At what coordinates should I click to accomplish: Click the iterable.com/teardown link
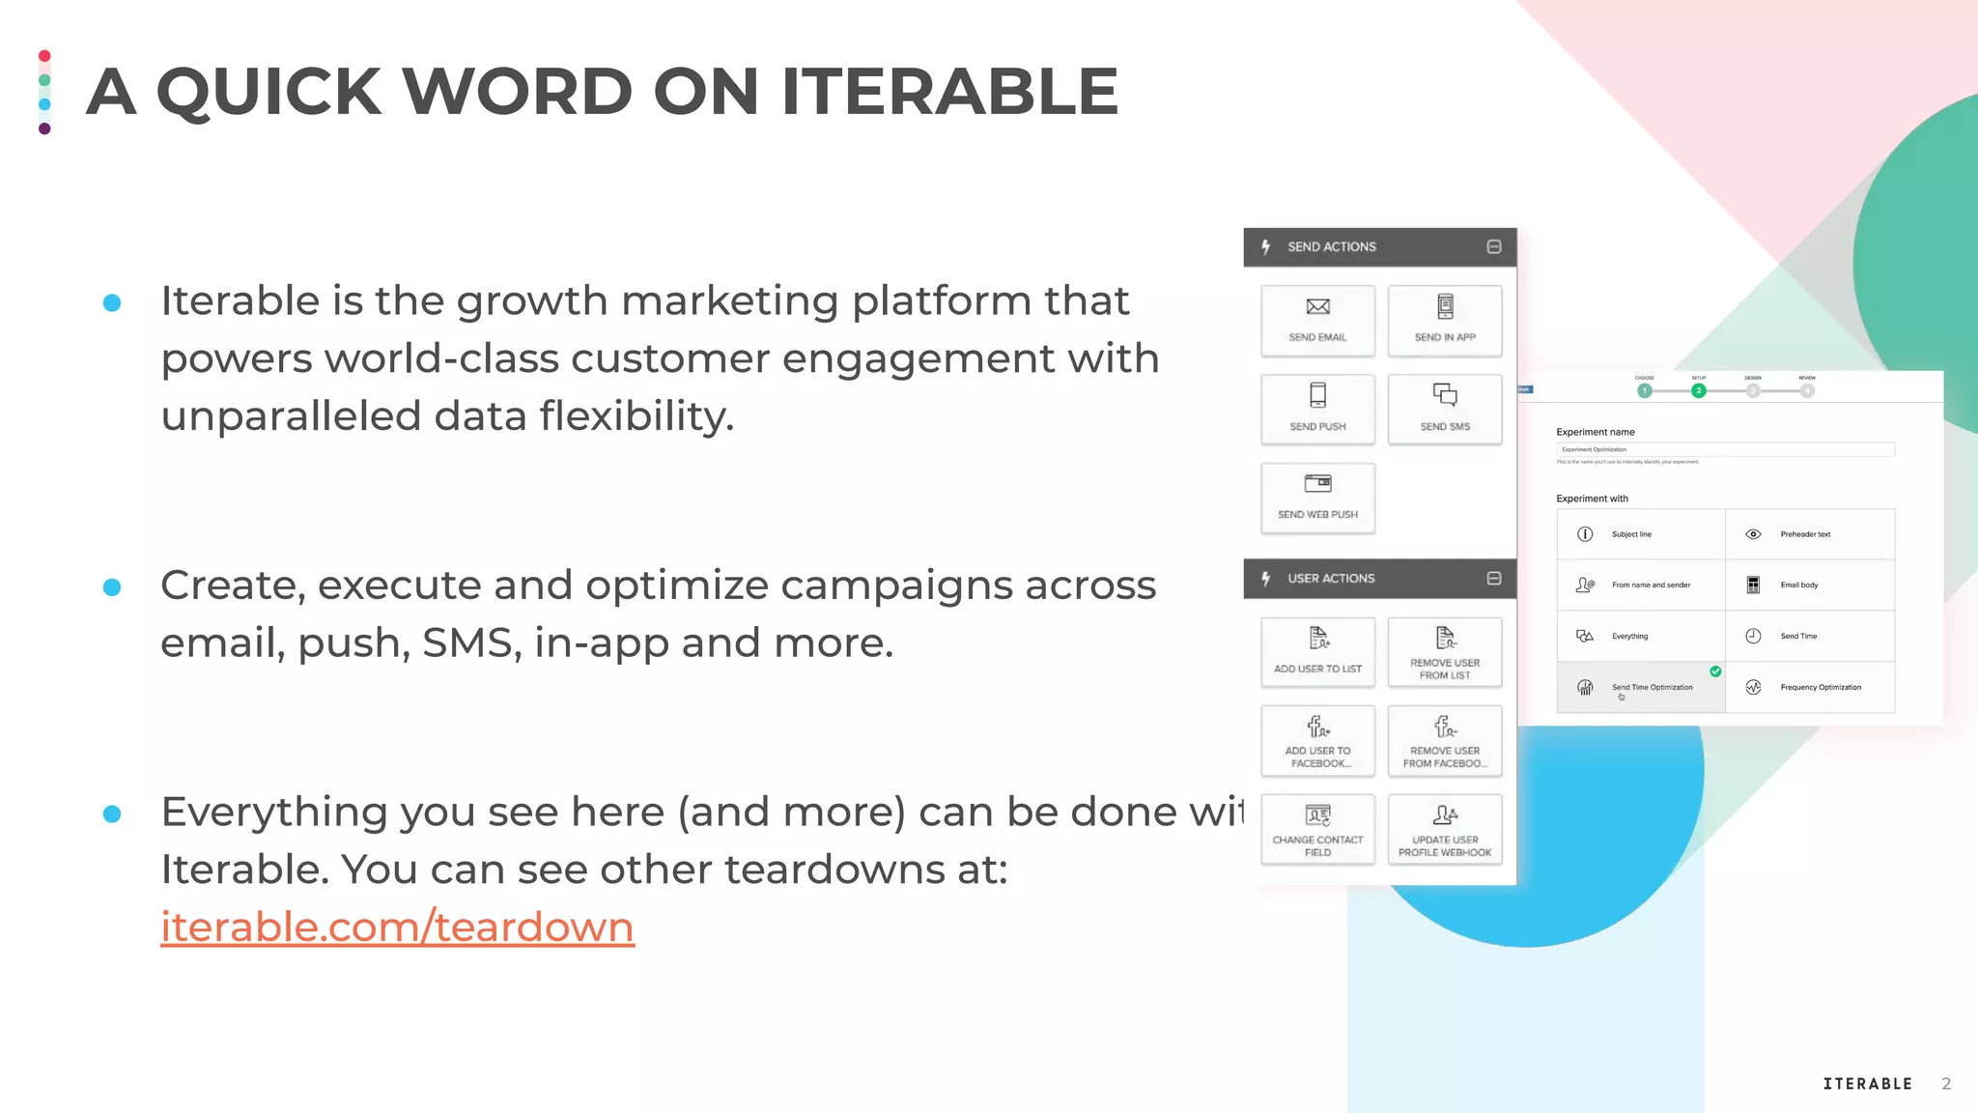coord(397,927)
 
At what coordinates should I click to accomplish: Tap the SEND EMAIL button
coord(1317,321)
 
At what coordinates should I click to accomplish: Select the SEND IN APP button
coord(1445,321)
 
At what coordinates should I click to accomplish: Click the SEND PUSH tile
coord(1317,409)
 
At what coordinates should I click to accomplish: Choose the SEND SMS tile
coord(1445,409)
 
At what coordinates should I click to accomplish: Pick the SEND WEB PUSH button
coord(1317,498)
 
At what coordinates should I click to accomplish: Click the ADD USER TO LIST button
coord(1317,652)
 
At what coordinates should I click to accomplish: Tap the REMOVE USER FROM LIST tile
coord(1445,652)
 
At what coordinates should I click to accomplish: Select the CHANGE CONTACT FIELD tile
coord(1317,829)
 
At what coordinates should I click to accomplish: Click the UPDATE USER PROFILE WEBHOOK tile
coord(1445,829)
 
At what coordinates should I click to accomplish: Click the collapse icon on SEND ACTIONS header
coord(1494,246)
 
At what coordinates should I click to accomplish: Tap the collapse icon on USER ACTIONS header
coord(1494,578)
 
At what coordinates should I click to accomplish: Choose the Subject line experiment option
coord(1640,534)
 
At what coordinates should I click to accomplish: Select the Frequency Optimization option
coord(1810,687)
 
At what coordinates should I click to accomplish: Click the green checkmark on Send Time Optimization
coord(1715,671)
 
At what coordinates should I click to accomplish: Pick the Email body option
coord(1810,585)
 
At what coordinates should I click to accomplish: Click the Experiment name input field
coord(1725,449)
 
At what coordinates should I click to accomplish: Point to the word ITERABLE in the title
coord(949,92)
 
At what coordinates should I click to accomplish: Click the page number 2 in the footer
coord(1946,1084)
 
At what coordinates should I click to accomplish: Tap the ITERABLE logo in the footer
coord(1867,1084)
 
